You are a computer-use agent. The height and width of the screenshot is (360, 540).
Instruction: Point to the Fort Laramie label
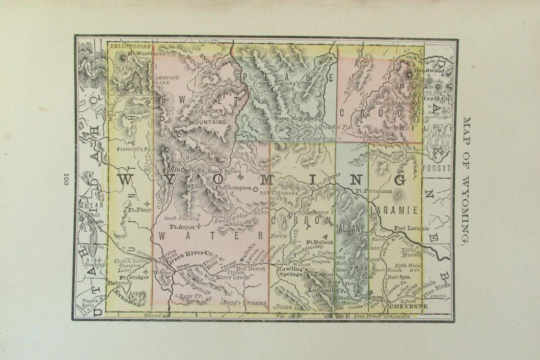coord(411,228)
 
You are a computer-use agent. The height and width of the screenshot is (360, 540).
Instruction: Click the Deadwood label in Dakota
coord(432,71)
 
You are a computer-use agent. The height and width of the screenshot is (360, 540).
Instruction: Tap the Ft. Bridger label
coord(130,277)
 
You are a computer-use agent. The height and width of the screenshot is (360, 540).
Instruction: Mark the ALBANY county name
coord(351,228)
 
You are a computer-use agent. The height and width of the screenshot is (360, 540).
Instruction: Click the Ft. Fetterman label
coord(374,191)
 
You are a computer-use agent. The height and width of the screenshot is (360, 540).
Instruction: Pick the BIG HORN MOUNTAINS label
coord(206,116)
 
